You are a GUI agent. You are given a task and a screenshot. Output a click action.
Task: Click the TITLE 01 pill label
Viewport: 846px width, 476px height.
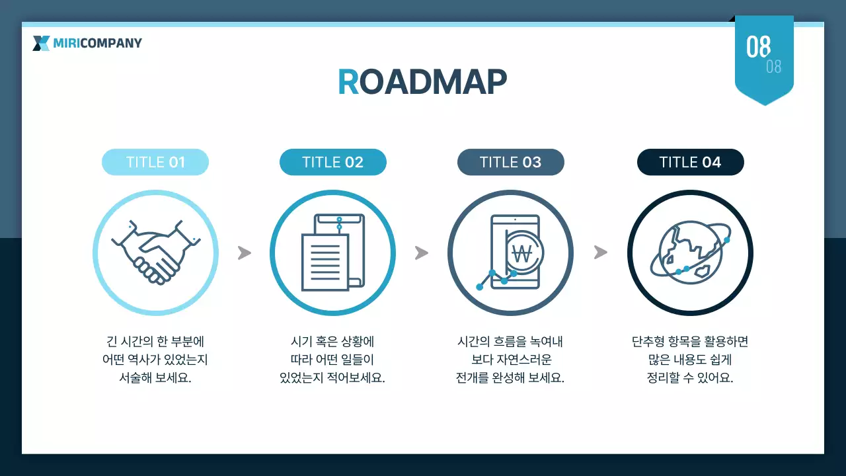[x=155, y=162]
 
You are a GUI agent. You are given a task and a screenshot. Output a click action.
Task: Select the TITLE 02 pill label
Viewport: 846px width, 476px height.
[x=332, y=162]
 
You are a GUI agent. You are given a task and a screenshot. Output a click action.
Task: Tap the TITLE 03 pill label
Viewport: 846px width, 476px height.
[x=510, y=162]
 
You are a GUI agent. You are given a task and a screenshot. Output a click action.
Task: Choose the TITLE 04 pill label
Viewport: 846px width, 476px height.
[x=690, y=162]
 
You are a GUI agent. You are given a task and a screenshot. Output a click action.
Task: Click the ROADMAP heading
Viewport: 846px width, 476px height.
[x=422, y=82]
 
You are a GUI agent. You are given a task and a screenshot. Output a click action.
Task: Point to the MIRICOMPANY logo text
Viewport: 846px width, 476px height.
[x=97, y=44]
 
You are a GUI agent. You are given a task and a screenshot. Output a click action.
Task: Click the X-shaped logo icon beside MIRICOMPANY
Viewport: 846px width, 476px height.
[x=41, y=44]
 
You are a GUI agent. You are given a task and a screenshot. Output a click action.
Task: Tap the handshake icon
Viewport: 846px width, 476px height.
[x=155, y=253]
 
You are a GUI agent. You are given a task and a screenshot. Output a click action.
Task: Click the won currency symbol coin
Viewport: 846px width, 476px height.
[x=522, y=252]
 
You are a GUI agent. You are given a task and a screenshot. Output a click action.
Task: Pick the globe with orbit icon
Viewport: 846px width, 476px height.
[x=690, y=253]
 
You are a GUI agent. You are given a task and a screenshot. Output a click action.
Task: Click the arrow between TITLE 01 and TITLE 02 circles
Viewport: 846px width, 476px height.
[x=245, y=253]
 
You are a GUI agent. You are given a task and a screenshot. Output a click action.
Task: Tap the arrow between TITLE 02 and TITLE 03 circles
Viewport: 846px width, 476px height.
[x=422, y=253]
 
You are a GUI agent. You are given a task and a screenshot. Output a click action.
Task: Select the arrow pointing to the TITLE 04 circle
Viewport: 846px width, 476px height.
[x=600, y=253]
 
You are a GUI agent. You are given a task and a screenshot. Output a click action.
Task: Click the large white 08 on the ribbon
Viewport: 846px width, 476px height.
[x=758, y=47]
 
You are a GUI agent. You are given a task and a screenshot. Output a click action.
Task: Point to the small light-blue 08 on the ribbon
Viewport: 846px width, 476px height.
[x=773, y=67]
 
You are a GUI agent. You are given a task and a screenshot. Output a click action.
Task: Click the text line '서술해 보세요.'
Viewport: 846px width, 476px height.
[x=155, y=379]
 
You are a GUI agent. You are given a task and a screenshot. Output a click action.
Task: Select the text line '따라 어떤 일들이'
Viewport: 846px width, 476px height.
[x=332, y=360]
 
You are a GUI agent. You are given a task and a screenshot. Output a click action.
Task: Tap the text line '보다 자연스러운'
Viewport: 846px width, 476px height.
[x=510, y=360]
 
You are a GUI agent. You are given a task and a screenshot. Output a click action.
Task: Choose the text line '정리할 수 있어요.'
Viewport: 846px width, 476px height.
[x=690, y=379]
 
